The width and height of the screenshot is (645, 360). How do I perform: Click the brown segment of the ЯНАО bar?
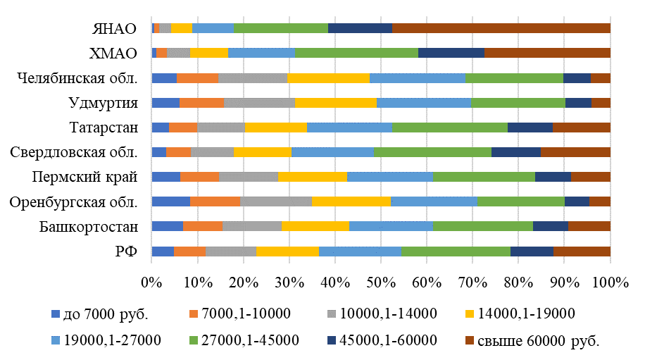501,28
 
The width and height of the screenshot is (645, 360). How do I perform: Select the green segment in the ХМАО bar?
356,53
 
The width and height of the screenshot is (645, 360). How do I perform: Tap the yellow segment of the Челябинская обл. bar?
328,77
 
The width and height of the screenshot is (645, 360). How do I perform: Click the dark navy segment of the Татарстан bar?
530,128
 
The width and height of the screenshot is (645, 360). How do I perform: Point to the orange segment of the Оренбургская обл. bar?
215,201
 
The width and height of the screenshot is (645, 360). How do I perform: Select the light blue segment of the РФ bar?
360,252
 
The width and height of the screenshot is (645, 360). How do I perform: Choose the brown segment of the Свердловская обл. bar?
575,152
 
